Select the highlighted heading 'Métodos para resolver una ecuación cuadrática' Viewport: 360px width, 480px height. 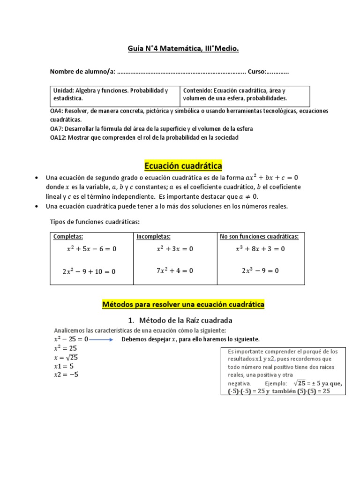[183, 305]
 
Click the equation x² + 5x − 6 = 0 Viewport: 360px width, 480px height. [91, 249]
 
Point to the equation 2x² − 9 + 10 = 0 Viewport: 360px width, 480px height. [89, 271]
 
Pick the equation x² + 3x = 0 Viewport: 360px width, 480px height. [175, 249]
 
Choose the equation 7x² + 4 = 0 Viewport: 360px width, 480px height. [175, 270]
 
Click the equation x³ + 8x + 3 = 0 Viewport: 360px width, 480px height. [260, 249]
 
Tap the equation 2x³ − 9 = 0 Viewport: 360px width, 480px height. [260, 270]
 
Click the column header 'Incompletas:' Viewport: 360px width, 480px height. [153, 237]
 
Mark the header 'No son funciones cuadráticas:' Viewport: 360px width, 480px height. [259, 237]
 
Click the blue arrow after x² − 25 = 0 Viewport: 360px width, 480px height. [101, 339]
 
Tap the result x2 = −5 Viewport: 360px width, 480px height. [66, 375]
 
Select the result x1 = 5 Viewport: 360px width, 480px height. [64, 366]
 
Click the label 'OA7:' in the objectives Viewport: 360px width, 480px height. [57, 128]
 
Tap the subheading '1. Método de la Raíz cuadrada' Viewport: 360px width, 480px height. [180, 320]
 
